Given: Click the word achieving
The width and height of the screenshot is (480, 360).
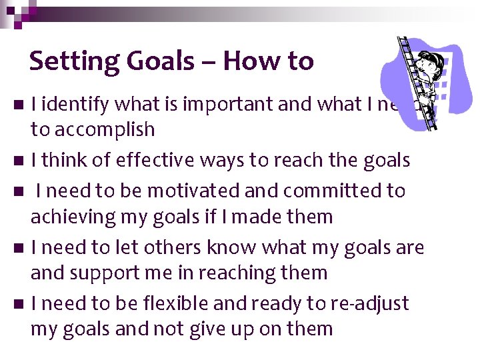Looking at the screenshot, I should (x=71, y=217).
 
